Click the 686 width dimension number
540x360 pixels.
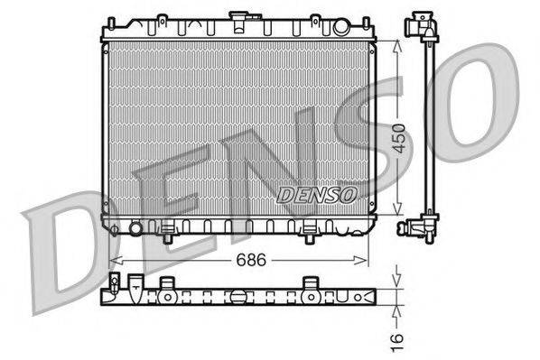(x=239, y=259)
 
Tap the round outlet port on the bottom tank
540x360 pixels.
(x=136, y=227)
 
